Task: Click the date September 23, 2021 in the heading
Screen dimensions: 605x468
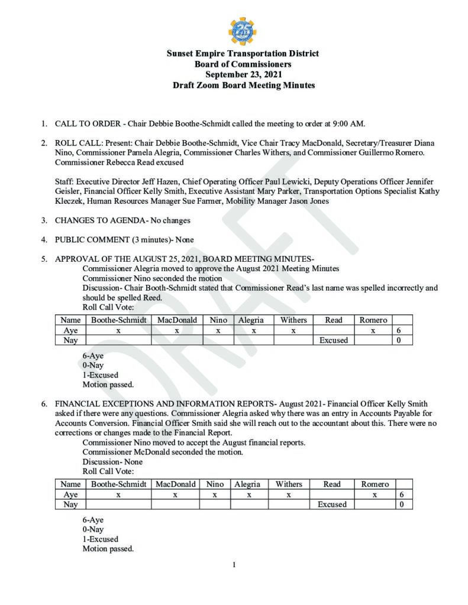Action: click(x=243, y=74)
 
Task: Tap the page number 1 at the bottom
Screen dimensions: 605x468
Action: click(x=234, y=565)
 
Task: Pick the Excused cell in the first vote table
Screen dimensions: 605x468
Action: click(x=334, y=341)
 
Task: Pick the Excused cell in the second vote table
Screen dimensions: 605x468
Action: click(x=332, y=505)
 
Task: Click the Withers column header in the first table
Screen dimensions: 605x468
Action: click(x=293, y=320)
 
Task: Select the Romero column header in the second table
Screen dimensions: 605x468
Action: click(x=375, y=484)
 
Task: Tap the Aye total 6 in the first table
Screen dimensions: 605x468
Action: click(x=402, y=331)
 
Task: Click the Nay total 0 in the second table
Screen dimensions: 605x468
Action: click(x=402, y=505)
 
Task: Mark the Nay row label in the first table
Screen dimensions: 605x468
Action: click(x=70, y=341)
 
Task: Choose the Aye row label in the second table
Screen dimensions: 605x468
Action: click(x=70, y=495)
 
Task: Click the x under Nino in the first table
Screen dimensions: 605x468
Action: click(x=218, y=331)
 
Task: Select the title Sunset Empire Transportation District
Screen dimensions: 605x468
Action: click(x=243, y=53)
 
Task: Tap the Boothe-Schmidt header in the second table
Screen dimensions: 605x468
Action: click(x=118, y=484)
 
